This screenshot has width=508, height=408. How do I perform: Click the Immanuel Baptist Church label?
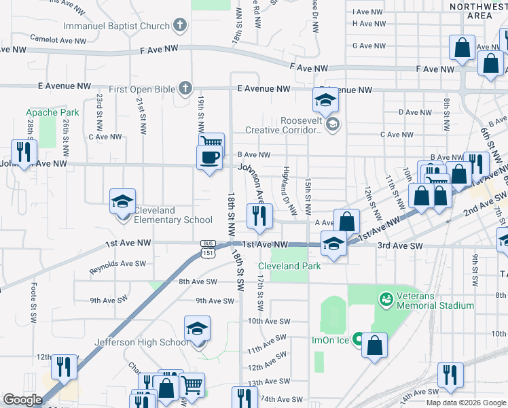coord(116,27)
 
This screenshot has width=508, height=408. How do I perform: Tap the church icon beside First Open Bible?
coord(183,89)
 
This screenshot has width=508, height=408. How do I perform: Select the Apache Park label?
coord(52,112)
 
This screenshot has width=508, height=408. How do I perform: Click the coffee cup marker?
coord(209,157)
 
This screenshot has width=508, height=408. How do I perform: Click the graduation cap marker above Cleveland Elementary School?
coord(122,201)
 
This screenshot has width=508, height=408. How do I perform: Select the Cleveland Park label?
coord(289,266)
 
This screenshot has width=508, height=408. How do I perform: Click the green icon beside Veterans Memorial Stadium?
coord(386,299)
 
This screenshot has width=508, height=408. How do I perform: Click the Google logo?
coord(22,400)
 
